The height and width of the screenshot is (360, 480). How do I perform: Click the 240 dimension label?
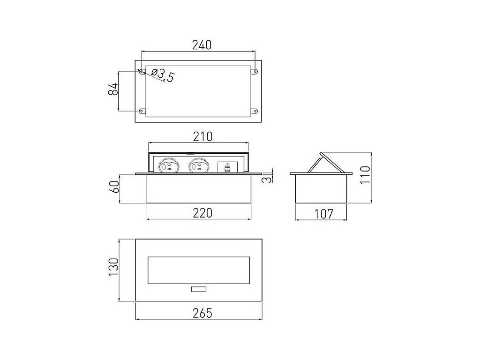pos(202,45)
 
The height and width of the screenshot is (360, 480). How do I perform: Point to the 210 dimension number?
pos(203,136)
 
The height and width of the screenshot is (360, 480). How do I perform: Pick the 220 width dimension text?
pos(202,213)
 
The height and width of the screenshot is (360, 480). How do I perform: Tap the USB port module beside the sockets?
pos(227,167)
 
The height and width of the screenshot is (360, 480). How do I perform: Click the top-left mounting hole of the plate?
pos(141,71)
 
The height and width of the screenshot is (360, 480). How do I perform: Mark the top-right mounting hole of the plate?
pos(255,71)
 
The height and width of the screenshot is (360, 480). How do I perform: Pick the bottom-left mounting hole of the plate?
pos(141,111)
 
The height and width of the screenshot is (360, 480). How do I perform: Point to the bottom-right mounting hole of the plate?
pos(255,111)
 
